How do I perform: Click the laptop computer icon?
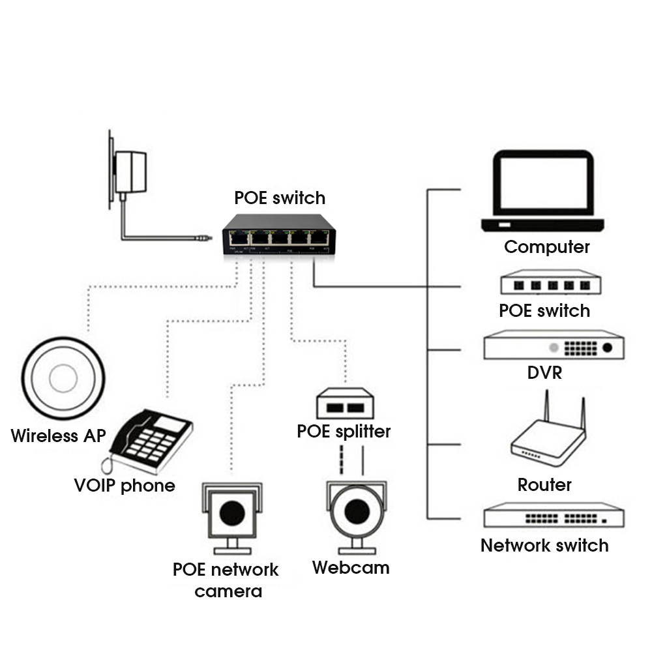click(542, 192)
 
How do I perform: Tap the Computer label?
click(546, 247)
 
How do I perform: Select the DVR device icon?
click(554, 346)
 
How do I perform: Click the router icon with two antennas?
click(548, 436)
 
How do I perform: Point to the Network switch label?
click(544, 545)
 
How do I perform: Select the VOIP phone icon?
click(150, 440)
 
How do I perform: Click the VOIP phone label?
click(125, 486)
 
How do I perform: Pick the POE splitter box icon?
click(344, 404)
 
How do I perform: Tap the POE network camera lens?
click(232, 512)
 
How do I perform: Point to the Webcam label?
click(350, 567)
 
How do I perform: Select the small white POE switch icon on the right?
click(550, 284)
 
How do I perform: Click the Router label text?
click(544, 484)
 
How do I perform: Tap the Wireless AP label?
click(58, 436)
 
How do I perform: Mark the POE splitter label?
click(344, 432)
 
